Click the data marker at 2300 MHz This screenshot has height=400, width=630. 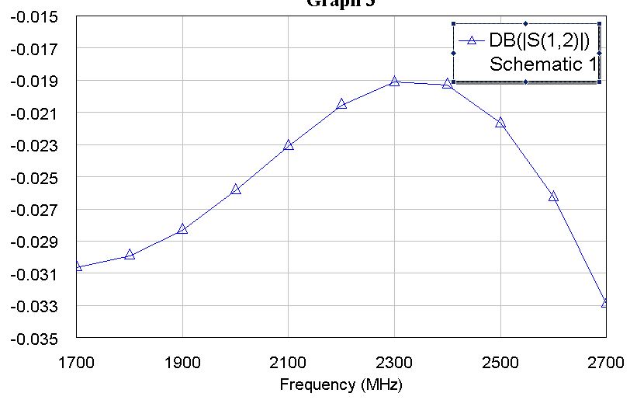[x=394, y=81]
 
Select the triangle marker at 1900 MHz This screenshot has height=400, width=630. [x=182, y=229]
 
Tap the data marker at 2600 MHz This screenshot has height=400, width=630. [x=553, y=197]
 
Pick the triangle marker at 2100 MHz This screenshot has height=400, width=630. [x=289, y=145]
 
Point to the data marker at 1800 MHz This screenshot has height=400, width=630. [x=130, y=255]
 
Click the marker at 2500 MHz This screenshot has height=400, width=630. [x=500, y=123]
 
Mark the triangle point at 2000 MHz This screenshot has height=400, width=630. [x=236, y=190]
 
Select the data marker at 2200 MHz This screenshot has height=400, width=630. [x=341, y=104]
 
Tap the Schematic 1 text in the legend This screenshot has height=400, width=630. [x=543, y=64]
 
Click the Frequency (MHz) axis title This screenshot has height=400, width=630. [x=341, y=384]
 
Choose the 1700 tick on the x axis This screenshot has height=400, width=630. [x=76, y=361]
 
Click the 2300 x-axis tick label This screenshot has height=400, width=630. [x=394, y=361]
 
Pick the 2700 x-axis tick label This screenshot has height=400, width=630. [x=606, y=361]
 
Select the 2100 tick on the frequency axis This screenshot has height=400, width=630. [x=289, y=361]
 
